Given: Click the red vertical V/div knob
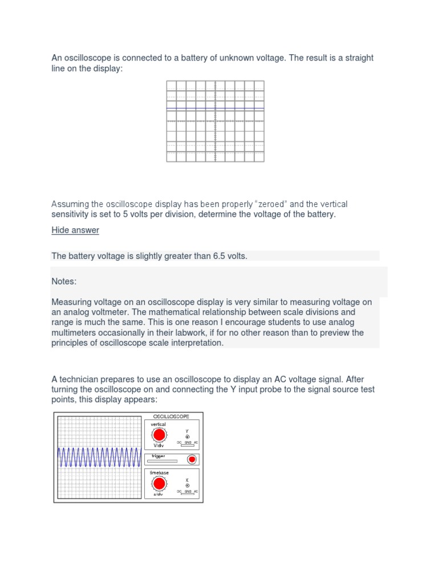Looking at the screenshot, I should tap(159, 435).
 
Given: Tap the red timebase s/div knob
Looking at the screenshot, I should tap(159, 484).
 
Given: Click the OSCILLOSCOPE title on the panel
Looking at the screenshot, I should tap(171, 417).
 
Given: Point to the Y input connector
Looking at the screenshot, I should tap(187, 437).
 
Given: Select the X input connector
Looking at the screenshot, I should tap(187, 486).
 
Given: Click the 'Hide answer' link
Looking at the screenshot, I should tap(75, 230).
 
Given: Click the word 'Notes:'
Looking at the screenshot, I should tap(64, 282).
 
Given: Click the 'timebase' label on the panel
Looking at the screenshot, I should tap(159, 473).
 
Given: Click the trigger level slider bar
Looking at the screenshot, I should tap(163, 460).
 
